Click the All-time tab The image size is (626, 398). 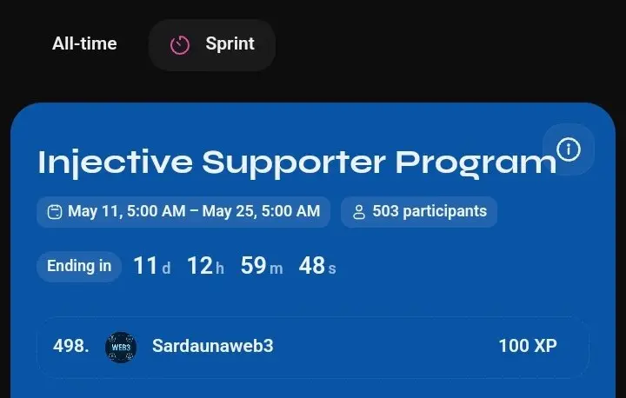(84, 43)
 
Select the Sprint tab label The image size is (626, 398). (230, 43)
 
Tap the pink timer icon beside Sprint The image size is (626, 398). (180, 44)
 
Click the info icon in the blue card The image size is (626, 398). (569, 149)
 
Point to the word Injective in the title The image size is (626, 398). (116, 163)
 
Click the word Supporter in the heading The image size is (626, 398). (294, 163)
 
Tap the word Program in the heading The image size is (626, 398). (476, 163)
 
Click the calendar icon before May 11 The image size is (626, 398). (55, 211)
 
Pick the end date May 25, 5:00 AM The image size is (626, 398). (261, 211)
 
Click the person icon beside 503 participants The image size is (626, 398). (359, 212)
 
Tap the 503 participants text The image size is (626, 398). (430, 211)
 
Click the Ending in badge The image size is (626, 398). (79, 266)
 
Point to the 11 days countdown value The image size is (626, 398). (151, 265)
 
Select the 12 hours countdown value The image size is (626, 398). (205, 265)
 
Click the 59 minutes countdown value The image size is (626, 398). (262, 265)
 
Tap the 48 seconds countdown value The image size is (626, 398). (317, 265)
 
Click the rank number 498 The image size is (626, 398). (71, 346)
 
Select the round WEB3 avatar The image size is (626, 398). (121, 348)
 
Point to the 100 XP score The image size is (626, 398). (528, 346)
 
